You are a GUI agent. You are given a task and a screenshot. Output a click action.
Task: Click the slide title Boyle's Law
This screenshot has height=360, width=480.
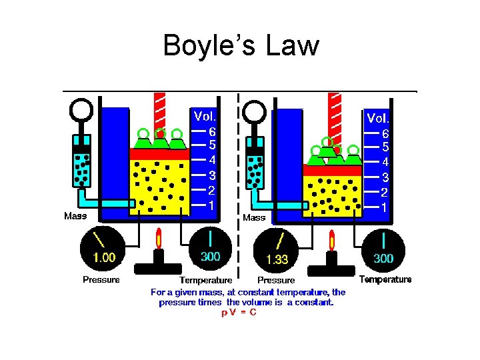pos(241,45)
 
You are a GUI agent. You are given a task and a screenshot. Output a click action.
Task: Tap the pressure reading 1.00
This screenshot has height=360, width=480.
pos(104,257)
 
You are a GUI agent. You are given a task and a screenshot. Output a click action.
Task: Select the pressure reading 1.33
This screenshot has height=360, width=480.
pos(277,259)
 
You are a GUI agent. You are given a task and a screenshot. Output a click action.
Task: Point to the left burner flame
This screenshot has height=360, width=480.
pos(159,238)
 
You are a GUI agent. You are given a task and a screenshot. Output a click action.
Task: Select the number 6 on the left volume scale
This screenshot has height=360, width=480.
pos(211,131)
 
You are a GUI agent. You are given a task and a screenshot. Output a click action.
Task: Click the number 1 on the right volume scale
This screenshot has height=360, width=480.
pos(384,207)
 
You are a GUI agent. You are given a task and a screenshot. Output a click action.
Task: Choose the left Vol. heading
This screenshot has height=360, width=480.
pos(205,116)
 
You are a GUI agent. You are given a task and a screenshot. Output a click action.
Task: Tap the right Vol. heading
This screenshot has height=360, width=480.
pos(378,118)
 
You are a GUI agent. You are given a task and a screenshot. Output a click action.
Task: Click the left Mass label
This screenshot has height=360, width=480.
pos(75,216)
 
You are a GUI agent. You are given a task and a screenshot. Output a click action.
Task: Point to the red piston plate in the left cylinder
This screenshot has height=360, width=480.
pos(159,154)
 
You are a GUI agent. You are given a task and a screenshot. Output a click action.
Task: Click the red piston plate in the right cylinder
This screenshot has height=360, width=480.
pos(332,170)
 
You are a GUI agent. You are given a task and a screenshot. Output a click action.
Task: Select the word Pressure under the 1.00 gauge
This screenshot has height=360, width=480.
pos(101,280)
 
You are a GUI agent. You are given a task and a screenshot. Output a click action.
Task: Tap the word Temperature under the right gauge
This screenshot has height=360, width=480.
pos(385,280)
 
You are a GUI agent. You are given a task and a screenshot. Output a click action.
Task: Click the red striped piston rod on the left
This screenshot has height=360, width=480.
pos(159,110)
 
